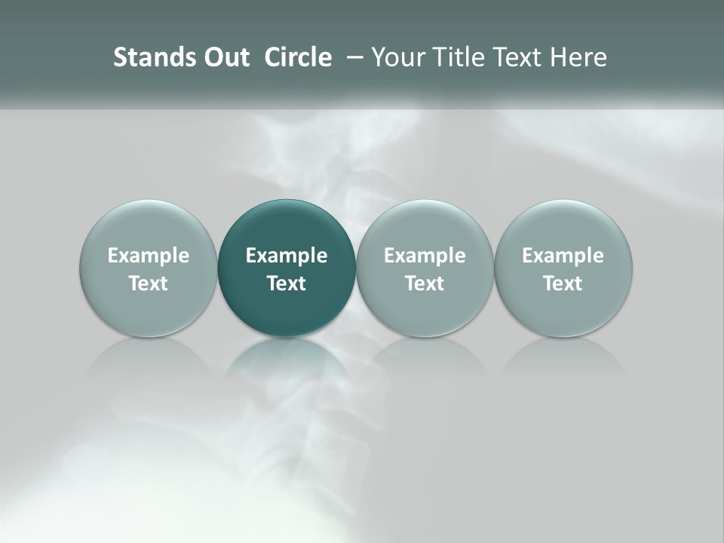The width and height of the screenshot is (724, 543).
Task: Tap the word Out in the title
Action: pos(225,57)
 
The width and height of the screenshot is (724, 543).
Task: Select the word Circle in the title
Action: pos(298,57)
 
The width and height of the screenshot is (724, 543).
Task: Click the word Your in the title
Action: pos(397,57)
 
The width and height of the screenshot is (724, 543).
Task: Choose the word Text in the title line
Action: pos(517,57)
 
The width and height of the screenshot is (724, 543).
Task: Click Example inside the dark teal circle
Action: pos(287,256)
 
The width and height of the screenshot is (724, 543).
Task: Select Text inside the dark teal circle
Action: pos(287,284)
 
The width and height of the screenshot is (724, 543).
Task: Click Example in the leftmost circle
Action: pos(149,256)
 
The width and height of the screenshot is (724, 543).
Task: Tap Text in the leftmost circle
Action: pos(149,284)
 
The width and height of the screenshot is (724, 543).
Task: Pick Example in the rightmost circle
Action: pos(563,256)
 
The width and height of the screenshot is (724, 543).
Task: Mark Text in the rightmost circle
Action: pos(563,284)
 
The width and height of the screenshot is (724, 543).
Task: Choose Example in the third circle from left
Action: pos(425,256)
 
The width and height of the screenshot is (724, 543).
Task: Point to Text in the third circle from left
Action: pos(425,284)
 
